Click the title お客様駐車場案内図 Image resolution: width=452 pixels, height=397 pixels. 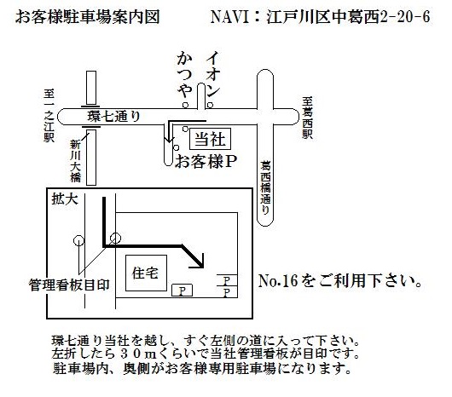coord(87,17)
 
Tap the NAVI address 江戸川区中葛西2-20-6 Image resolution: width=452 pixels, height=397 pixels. coord(348,17)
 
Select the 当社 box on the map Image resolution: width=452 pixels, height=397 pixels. coord(210,139)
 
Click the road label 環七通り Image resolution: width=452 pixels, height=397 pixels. coord(113,117)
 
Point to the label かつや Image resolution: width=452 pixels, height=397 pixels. coord(184,75)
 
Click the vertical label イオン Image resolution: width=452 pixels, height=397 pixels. coord(212,74)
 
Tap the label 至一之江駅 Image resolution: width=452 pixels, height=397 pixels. coord(49,116)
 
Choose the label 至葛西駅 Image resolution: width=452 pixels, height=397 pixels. coord(307,118)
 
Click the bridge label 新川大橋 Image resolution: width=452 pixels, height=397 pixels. coord(75,161)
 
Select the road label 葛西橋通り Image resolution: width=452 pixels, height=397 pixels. coord(265,187)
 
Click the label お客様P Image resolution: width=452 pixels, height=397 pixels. coord(206,161)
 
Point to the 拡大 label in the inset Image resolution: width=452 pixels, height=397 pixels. coord(65,198)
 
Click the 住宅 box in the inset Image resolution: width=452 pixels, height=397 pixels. coord(146,273)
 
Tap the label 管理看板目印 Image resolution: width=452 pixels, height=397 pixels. coord(69,285)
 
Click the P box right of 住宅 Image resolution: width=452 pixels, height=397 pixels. coord(182,291)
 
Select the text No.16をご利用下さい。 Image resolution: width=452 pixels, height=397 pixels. coord(340,280)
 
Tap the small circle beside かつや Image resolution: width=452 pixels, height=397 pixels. coord(186,105)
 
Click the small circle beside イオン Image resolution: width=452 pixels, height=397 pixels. coord(210,105)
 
